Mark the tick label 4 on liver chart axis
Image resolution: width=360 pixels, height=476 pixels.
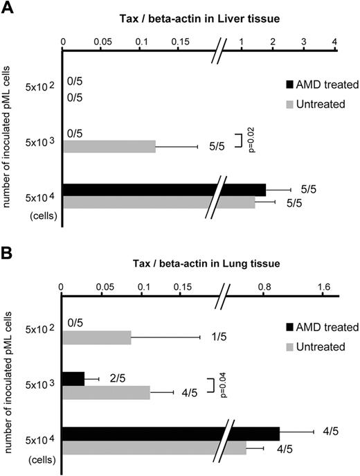(335, 42)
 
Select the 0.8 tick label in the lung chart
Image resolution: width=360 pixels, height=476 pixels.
(264, 286)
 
